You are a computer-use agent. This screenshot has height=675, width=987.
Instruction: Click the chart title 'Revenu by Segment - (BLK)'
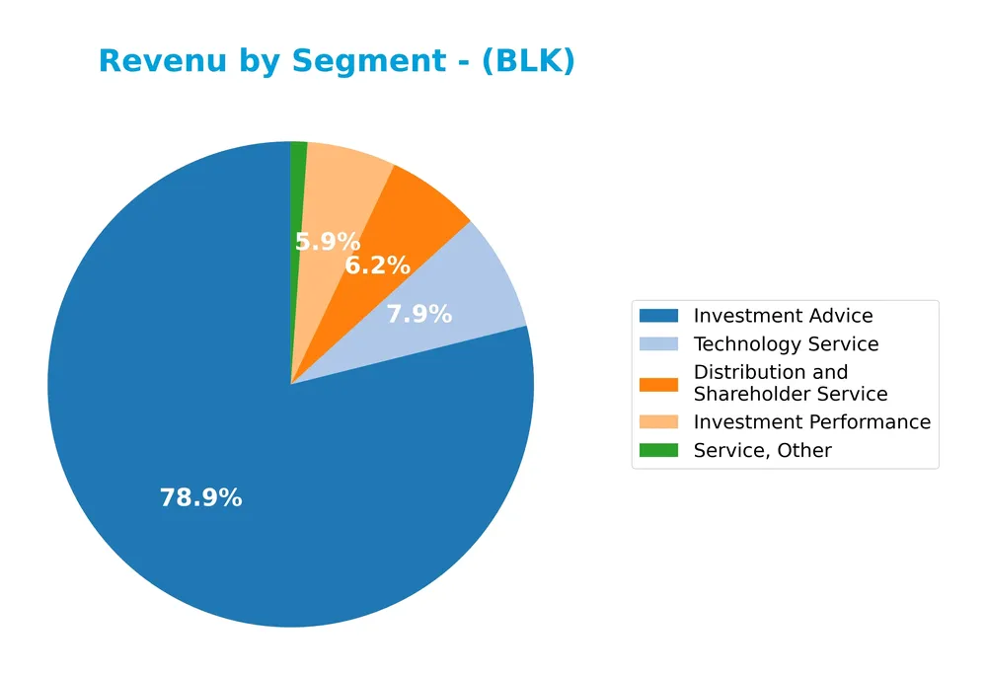pos(337,61)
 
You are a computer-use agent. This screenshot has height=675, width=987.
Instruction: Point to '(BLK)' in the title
pos(533,61)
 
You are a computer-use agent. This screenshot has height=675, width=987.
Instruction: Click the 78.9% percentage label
pos(200,498)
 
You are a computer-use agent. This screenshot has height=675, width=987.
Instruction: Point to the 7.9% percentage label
pos(418,315)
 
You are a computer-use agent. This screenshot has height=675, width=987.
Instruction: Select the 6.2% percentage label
pos(377,265)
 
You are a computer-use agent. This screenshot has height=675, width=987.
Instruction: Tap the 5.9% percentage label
pos(328,242)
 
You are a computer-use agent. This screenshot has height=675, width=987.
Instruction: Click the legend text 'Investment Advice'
pos(783,316)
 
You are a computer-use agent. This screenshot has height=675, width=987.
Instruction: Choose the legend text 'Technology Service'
pos(786,344)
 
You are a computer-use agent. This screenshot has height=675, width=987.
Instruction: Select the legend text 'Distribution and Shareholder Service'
pos(790,383)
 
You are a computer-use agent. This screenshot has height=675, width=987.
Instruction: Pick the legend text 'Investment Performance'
pos(811,422)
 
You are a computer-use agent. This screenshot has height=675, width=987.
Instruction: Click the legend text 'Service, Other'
pos(762,451)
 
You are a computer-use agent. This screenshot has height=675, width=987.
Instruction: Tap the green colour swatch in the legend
pos(658,451)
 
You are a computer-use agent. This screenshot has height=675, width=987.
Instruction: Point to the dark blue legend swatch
pos(658,316)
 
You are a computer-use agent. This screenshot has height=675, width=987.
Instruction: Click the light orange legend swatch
pos(658,422)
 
